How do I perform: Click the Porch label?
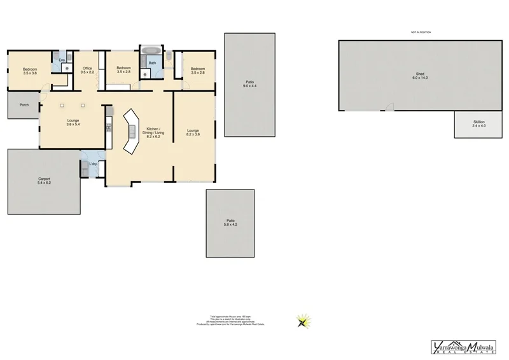pos(24,105)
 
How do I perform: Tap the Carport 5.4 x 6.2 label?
pos(44,181)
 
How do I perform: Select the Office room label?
pos(87,70)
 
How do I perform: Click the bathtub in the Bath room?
pos(152,50)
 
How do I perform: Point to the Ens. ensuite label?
pos(62,60)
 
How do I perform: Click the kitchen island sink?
pos(133,132)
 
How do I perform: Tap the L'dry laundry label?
pos(93,163)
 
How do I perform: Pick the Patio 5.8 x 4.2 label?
pos(230,223)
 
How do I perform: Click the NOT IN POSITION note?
pos(421,32)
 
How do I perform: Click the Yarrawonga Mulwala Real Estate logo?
pos(464,347)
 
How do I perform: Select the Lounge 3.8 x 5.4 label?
pos(73,122)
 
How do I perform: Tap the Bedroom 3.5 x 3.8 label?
pos(30,71)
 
